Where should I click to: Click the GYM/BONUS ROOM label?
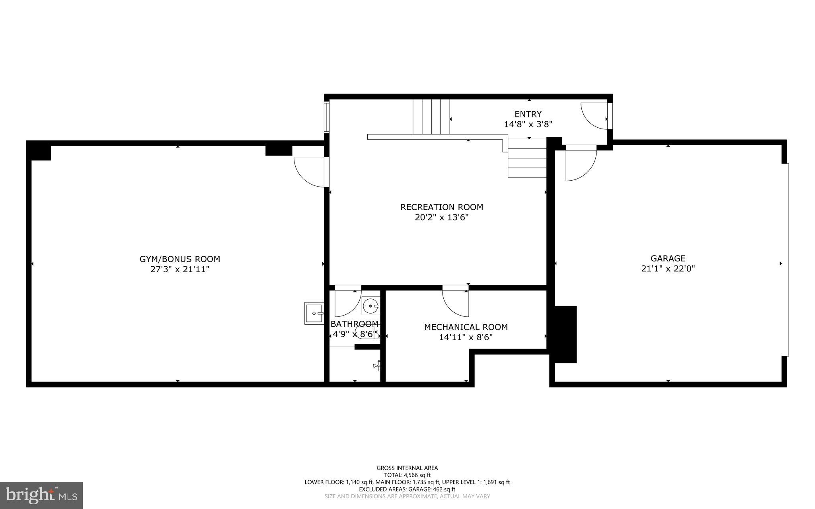tap(179, 259)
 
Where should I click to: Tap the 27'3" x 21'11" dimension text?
tap(179, 269)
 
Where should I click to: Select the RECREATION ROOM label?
tap(441, 207)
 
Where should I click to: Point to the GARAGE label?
tap(668, 258)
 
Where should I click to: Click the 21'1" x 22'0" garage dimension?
tap(668, 269)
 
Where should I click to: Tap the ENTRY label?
tap(528, 114)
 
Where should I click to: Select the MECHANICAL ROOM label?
tap(466, 327)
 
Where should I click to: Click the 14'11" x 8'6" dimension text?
tap(466, 337)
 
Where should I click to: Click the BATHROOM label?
tap(354, 324)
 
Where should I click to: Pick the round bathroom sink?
tap(371, 306)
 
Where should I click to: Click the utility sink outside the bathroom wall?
tap(314, 313)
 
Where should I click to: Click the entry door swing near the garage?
tap(594, 116)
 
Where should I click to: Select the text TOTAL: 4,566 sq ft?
tap(407, 475)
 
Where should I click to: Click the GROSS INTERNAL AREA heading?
tap(407, 468)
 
